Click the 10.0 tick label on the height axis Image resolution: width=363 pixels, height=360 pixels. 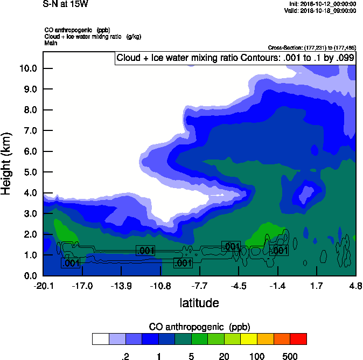point(27,68)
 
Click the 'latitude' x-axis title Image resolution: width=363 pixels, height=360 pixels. point(199,303)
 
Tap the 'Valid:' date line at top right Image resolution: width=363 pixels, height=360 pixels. point(320,10)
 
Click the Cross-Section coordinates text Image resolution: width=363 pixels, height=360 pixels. point(312,47)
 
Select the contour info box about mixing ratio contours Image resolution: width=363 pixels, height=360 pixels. point(235,58)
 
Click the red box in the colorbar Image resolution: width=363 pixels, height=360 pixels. point(298,339)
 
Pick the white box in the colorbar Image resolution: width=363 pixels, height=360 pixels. point(100,339)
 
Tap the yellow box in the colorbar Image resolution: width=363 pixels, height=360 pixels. point(249,339)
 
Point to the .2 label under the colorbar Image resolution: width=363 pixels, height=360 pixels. point(125,356)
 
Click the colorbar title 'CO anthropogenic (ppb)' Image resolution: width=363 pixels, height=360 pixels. point(199,327)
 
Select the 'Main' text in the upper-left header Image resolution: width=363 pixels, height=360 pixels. point(51,42)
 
